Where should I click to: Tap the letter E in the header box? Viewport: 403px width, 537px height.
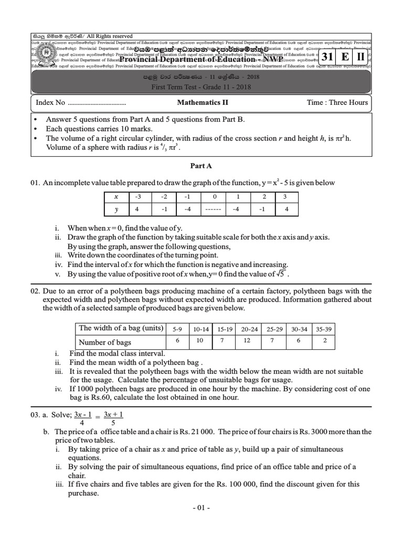[344, 58]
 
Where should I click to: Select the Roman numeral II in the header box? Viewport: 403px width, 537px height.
[361, 58]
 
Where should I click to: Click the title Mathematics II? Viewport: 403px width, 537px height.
[201, 102]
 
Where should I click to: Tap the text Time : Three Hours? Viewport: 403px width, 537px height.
[337, 102]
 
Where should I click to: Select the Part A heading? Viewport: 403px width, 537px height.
[201, 166]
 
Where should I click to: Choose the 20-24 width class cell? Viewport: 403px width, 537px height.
[249, 329]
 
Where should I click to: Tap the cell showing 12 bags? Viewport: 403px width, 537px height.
[249, 342]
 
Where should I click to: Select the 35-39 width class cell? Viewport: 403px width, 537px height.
[325, 329]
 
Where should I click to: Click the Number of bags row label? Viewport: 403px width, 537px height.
[105, 342]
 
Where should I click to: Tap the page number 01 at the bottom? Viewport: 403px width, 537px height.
[201, 508]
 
